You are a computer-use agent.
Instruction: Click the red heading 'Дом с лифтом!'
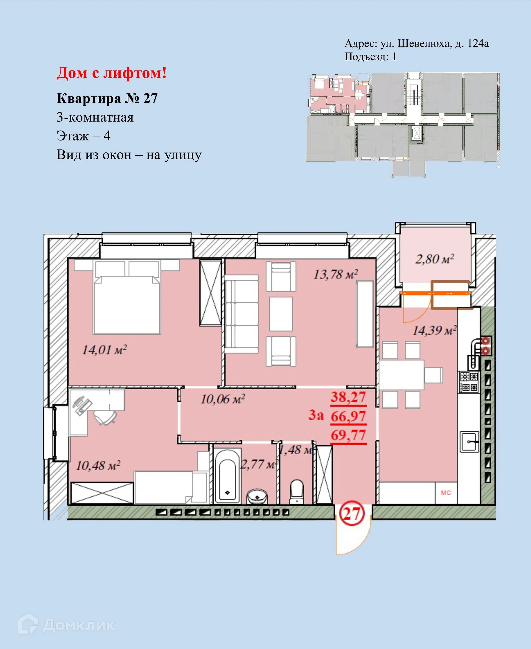coord(112,73)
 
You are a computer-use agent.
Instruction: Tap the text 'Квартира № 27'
coord(107,98)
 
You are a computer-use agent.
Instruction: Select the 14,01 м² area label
coord(104,350)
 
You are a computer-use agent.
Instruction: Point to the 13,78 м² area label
coord(335,274)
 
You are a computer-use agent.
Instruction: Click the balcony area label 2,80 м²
coord(434,259)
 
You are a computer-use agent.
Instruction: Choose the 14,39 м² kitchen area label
coord(434,330)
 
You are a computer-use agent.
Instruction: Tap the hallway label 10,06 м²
coord(223,399)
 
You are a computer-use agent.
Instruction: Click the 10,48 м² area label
coord(98,465)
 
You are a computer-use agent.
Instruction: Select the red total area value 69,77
coord(348,435)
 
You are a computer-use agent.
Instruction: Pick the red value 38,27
coord(348,397)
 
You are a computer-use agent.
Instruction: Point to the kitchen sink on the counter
coord(469,442)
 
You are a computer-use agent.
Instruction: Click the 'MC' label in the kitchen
coord(446,493)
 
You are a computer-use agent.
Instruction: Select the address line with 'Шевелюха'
coord(416,44)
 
